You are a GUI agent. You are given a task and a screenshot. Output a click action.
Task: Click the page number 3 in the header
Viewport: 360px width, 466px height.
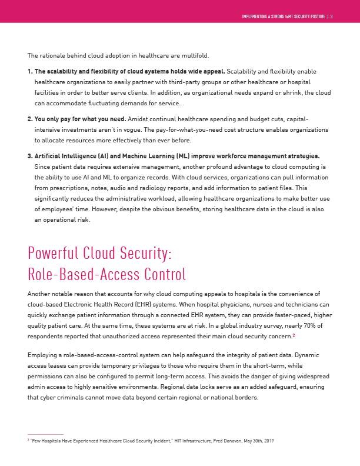pyautogui.click(x=332, y=16)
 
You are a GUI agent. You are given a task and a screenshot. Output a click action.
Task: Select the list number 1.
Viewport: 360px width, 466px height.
pyautogui.click(x=30, y=72)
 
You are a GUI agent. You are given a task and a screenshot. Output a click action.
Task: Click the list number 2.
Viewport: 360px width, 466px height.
pyautogui.click(x=30, y=119)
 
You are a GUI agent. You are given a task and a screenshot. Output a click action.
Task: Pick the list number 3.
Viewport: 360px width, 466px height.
pyautogui.click(x=30, y=156)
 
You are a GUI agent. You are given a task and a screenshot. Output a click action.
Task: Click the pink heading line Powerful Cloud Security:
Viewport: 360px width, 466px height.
pyautogui.click(x=99, y=253)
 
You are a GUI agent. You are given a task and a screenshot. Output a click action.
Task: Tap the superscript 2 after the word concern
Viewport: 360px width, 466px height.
pyautogui.click(x=294, y=335)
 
